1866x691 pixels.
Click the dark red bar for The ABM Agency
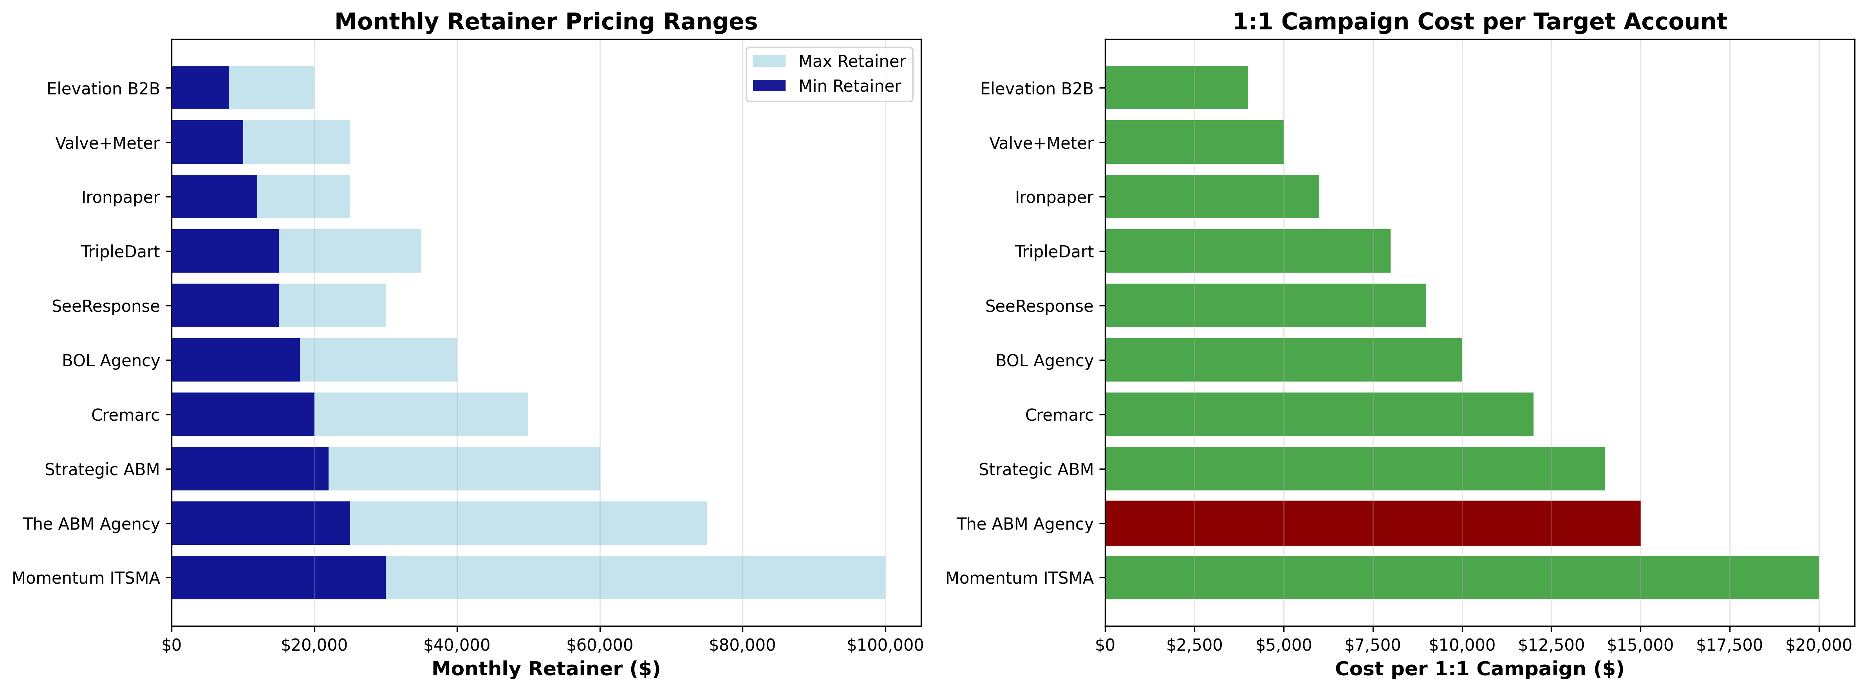point(1373,523)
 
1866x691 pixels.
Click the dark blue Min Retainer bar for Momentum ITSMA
point(278,577)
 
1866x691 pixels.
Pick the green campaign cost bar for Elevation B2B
point(1176,88)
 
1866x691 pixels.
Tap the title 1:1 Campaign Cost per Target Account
point(1479,22)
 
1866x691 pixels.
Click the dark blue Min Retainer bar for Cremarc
point(243,414)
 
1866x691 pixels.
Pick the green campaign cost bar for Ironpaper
point(1212,196)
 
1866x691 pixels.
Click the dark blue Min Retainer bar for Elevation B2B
point(200,88)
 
